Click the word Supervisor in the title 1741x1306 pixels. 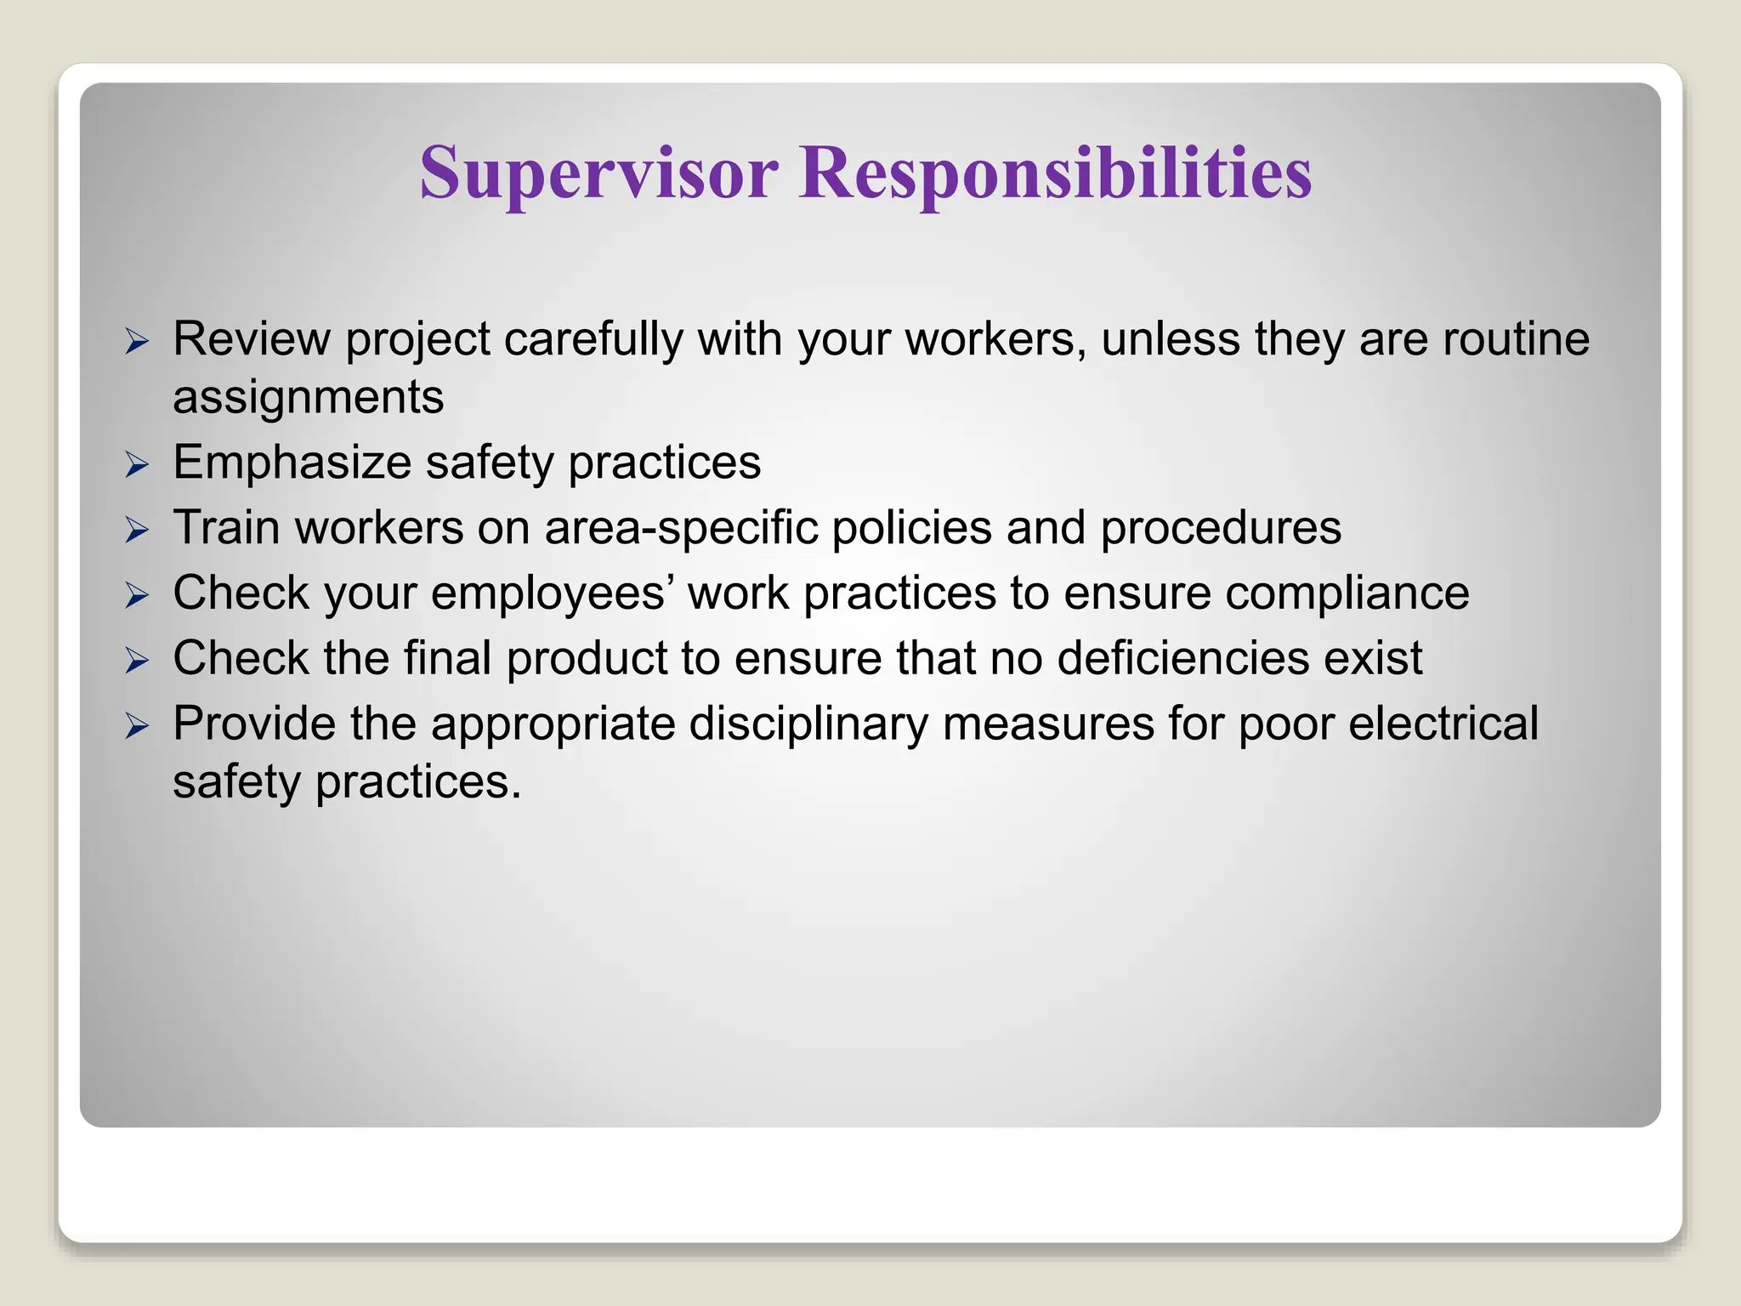coord(598,173)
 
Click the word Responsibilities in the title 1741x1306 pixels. coord(1055,173)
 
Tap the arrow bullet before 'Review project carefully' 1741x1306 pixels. coord(137,342)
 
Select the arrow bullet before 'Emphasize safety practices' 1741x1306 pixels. coord(137,465)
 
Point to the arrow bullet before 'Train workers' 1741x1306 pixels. coord(137,531)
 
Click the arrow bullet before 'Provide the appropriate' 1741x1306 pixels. coord(137,726)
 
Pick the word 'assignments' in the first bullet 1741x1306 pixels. coord(308,398)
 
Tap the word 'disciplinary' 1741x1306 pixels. coord(808,724)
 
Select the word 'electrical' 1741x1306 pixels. coord(1443,724)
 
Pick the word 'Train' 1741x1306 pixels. coord(226,529)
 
